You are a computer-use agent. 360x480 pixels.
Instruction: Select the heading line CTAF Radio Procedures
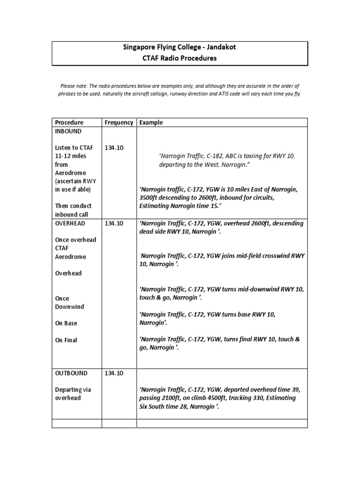[x=180, y=59]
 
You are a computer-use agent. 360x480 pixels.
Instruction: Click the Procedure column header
[x=69, y=122]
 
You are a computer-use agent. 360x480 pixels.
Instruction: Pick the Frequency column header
[x=119, y=122]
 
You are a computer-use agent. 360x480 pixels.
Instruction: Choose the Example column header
[x=151, y=122]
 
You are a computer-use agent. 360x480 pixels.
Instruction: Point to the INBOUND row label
[x=68, y=131]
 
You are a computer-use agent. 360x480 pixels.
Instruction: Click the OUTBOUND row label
[x=71, y=373]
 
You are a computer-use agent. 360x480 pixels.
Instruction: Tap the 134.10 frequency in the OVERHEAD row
[x=114, y=224]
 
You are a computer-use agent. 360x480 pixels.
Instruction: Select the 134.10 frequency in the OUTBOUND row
[x=114, y=373]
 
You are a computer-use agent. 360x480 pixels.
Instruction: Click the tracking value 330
[x=255, y=398]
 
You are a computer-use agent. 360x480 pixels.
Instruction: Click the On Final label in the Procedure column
[x=66, y=340]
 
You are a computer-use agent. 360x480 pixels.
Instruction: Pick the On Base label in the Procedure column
[x=66, y=323]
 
